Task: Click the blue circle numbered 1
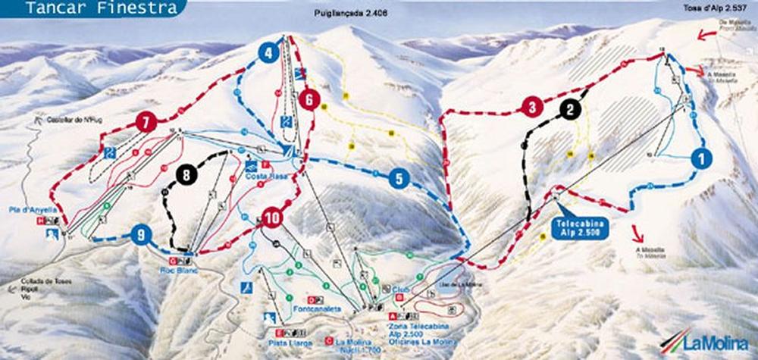coord(702,159)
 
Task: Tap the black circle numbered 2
coord(571,109)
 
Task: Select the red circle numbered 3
coord(533,107)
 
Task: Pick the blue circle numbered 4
coord(267,53)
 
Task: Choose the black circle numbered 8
coord(184,175)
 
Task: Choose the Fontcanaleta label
coord(313,309)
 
